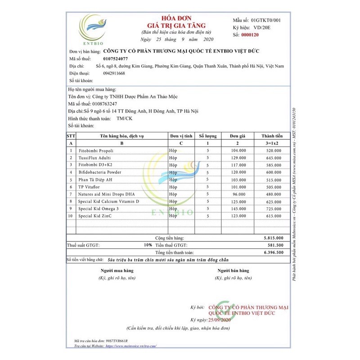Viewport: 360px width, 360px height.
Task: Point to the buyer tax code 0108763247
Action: coord(105,104)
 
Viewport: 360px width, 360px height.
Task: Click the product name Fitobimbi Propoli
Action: coord(96,150)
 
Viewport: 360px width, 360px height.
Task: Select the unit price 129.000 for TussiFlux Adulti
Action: coord(238,158)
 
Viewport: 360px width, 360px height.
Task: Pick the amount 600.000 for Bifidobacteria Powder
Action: coord(274,172)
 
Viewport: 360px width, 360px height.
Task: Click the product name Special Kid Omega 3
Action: coord(99,209)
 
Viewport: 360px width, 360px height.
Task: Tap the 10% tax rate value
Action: coord(148,245)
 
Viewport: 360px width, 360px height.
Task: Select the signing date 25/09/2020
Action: coord(219,319)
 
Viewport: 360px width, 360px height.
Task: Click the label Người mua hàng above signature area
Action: coord(117,271)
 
